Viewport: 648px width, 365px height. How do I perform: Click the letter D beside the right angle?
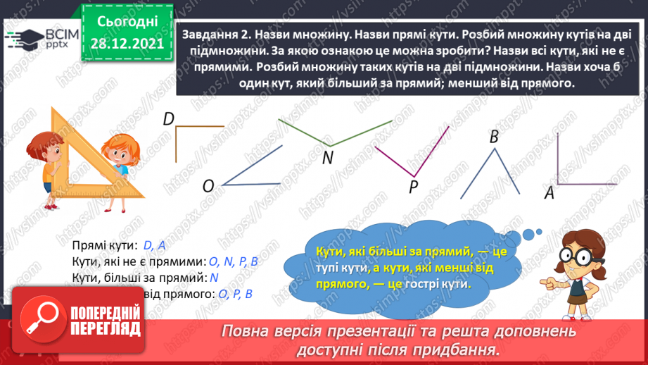[168, 120]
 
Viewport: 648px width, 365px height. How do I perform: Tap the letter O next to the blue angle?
[208, 186]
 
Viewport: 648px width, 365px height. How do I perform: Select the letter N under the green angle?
[327, 158]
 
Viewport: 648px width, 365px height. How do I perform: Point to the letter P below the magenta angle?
[414, 186]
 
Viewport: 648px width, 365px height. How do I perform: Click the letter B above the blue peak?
[494, 136]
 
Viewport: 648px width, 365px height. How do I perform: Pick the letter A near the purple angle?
[549, 192]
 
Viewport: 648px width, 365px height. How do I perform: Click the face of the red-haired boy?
[47, 144]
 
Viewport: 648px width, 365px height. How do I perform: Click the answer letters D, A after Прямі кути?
[154, 245]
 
